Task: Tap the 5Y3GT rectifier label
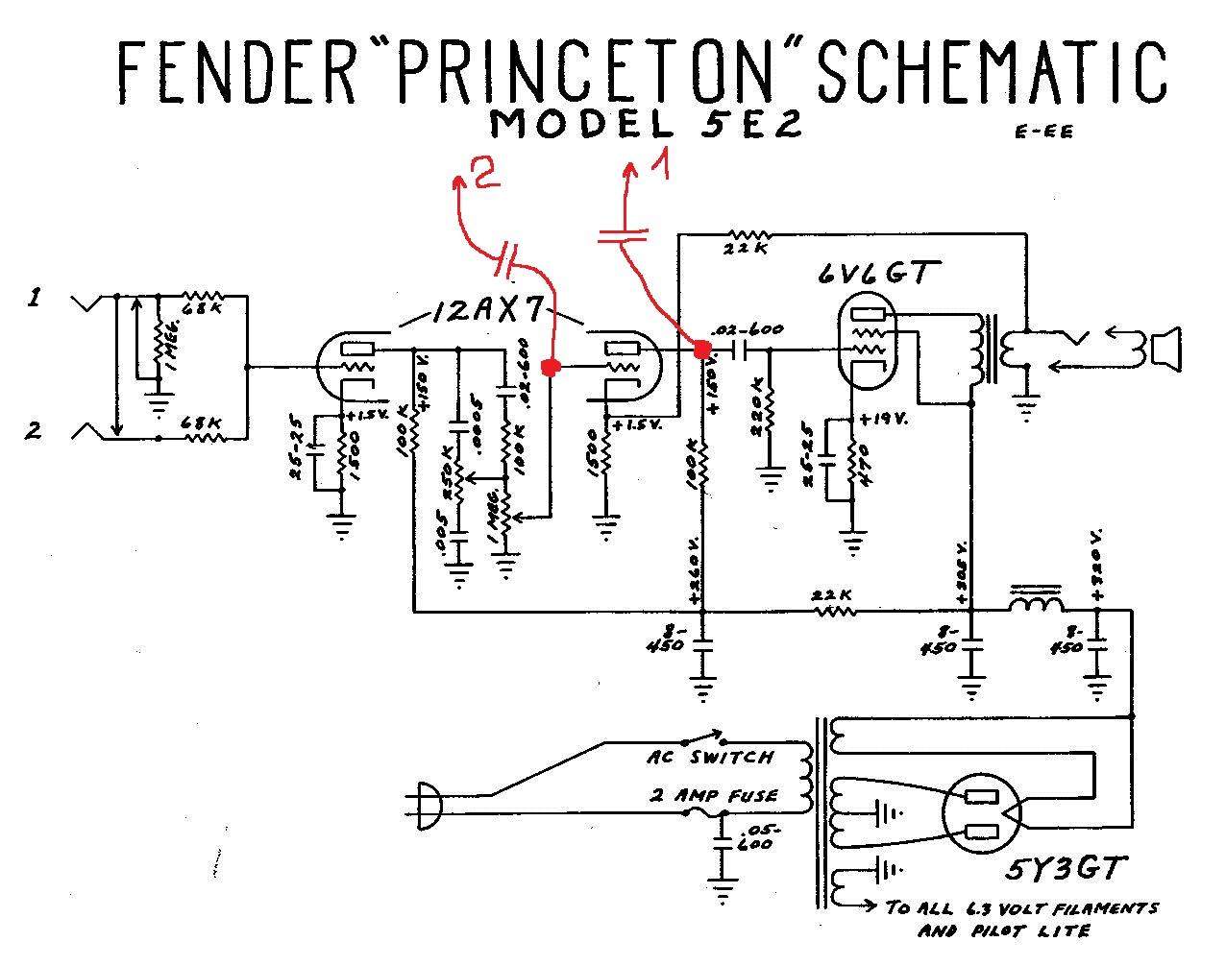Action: point(1063,871)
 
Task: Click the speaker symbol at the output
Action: point(1165,348)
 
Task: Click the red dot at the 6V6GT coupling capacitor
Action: point(702,350)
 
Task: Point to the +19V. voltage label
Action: point(882,420)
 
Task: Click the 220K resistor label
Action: point(759,415)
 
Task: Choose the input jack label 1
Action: point(34,300)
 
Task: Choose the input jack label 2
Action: point(34,430)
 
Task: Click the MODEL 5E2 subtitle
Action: point(645,125)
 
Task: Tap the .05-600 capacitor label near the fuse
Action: point(758,835)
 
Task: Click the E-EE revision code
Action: point(1043,132)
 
